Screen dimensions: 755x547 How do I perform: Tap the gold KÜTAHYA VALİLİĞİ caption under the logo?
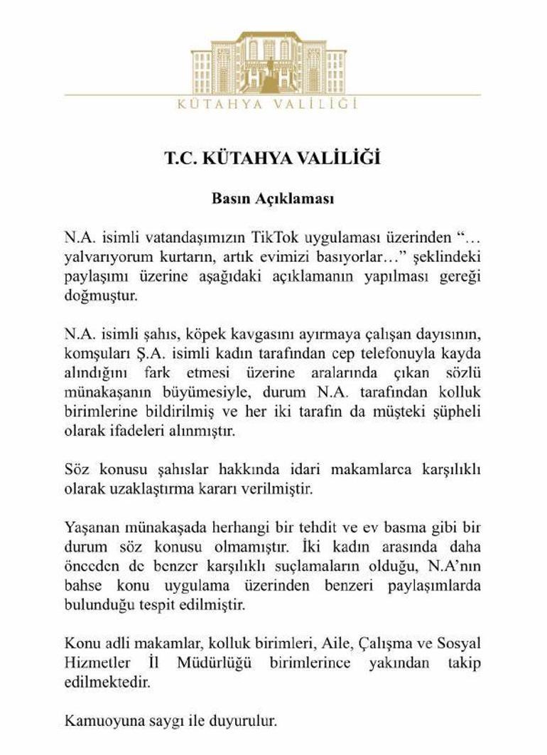coord(273,105)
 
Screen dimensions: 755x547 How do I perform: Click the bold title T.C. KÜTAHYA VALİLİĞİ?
coord(273,158)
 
